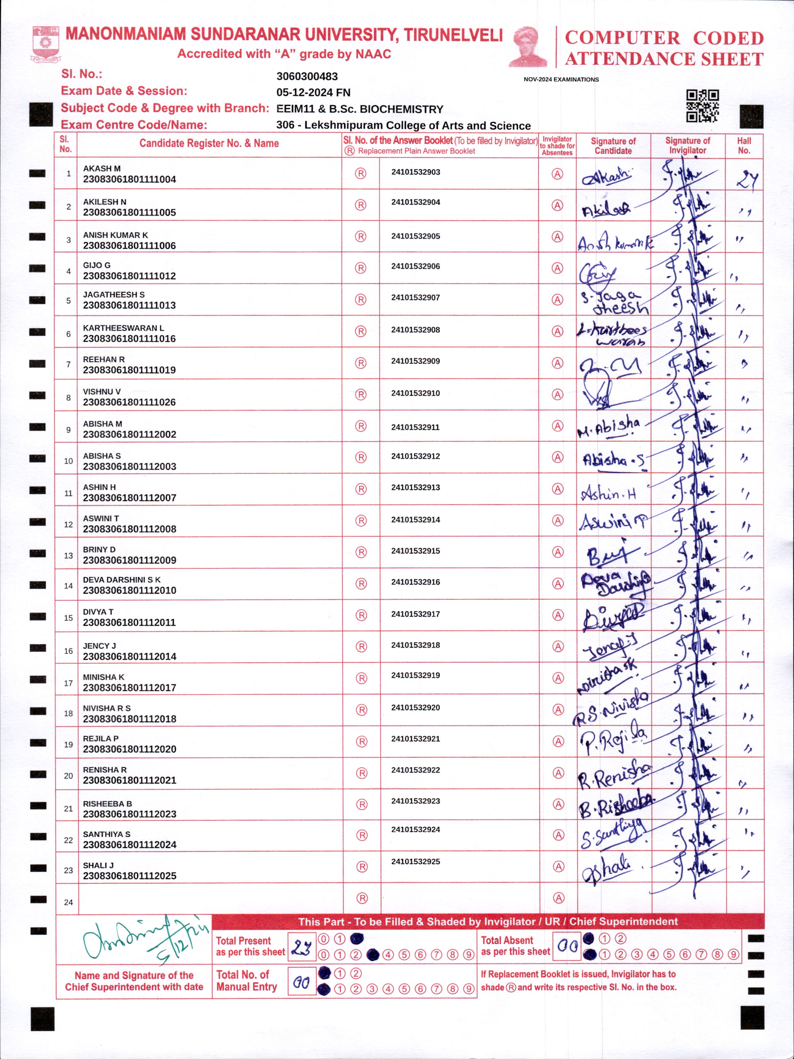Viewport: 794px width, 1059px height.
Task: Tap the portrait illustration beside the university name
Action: click(x=528, y=47)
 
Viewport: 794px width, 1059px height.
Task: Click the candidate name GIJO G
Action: click(x=97, y=265)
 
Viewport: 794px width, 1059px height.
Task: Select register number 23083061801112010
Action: click(x=129, y=591)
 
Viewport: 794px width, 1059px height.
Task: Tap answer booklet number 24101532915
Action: click(x=415, y=551)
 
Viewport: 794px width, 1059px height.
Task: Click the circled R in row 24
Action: click(x=362, y=898)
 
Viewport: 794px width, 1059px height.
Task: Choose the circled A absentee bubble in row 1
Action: click(x=557, y=174)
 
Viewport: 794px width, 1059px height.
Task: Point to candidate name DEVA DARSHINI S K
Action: click(x=122, y=580)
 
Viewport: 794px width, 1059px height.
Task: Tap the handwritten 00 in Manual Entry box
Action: click(x=301, y=982)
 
